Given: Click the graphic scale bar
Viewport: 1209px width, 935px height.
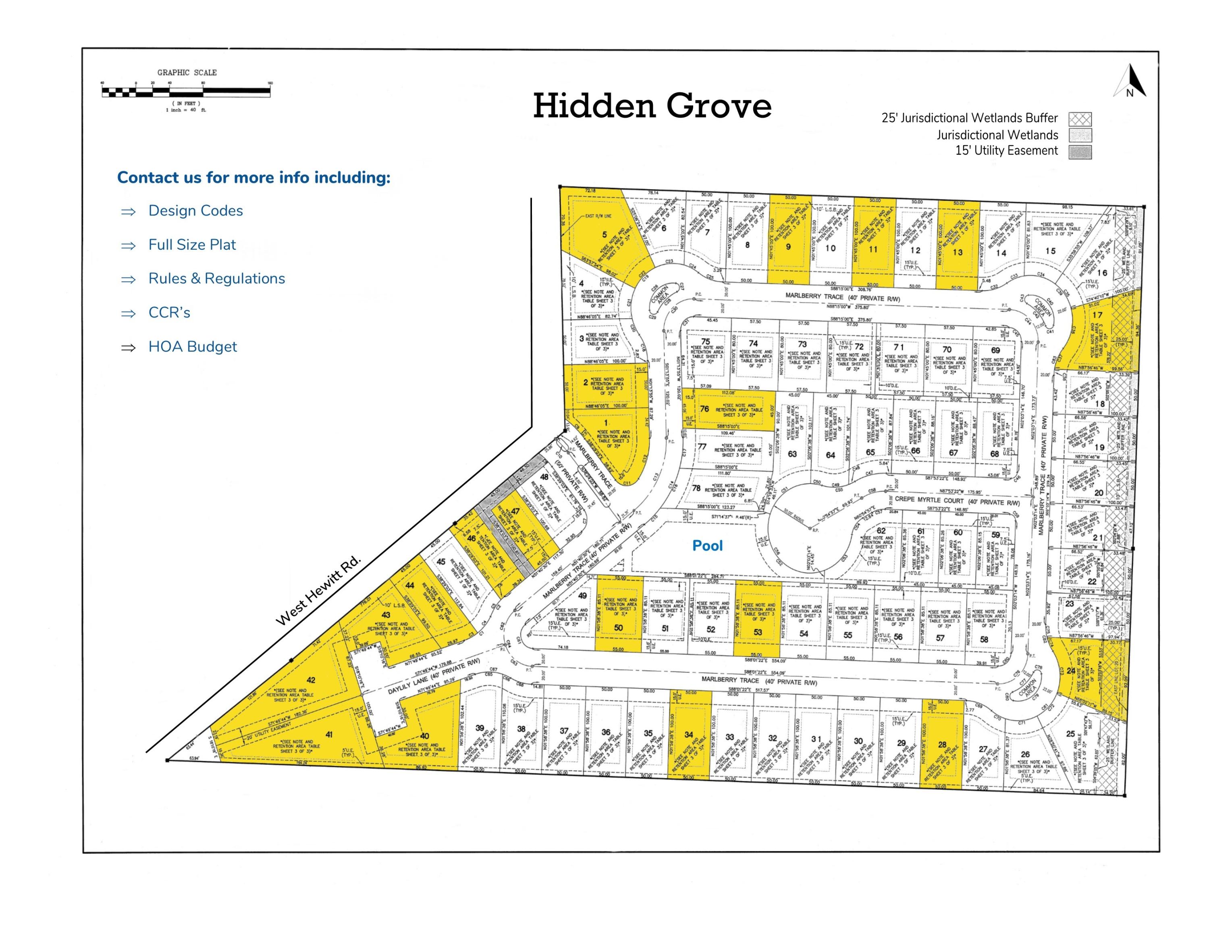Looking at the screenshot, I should click(186, 91).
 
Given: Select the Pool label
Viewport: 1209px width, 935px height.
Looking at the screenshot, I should click(707, 546).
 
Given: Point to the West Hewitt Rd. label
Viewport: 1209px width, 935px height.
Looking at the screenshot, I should click(319, 591).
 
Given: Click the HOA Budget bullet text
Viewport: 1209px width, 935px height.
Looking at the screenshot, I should click(192, 347).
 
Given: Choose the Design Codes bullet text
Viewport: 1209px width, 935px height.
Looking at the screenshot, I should click(195, 211).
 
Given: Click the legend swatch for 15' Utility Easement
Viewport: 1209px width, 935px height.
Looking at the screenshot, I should click(1080, 152).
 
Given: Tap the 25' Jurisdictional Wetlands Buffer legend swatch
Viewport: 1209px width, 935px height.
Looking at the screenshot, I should click(1080, 119).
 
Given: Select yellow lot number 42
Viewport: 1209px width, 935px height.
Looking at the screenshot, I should click(311, 680).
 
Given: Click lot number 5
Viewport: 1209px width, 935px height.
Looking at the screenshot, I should click(604, 234).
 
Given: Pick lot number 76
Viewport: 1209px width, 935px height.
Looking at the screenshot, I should click(704, 409).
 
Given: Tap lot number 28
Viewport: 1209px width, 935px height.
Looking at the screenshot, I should click(942, 745).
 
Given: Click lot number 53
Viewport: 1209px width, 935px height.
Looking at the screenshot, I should click(758, 632).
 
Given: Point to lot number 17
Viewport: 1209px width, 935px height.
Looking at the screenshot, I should click(1097, 315).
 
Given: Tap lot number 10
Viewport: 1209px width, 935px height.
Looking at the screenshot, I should click(830, 248).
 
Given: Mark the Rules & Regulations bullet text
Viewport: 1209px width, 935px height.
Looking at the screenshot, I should click(216, 279).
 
